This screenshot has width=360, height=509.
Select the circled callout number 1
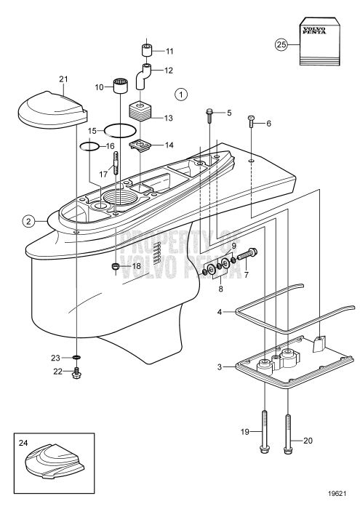[182, 94]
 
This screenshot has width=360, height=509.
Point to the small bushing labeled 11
[145, 52]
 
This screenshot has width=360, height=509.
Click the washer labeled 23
[77, 358]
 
